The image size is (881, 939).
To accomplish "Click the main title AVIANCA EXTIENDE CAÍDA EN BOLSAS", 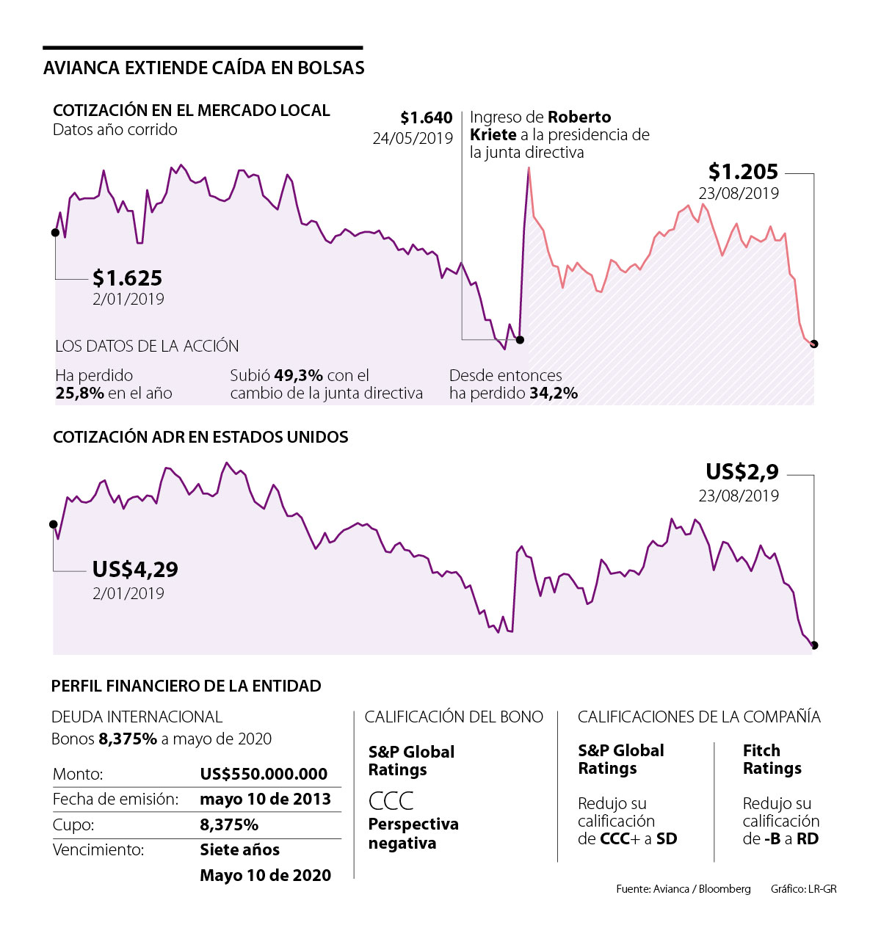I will [x=204, y=68].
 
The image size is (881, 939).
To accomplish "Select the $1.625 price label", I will [x=128, y=278].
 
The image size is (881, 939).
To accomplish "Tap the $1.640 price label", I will [x=426, y=118].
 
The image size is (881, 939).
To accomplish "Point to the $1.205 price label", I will [x=743, y=172].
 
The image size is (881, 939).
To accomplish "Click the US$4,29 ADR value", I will [x=135, y=570].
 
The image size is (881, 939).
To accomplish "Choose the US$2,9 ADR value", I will [x=742, y=471].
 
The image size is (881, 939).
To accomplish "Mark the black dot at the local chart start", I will [x=55, y=233].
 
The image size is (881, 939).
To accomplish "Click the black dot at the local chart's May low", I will [x=521, y=339].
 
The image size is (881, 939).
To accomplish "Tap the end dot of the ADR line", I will [x=814, y=646].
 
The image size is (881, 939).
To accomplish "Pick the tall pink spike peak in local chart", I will [x=529, y=169].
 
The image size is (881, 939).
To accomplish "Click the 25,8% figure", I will [x=79, y=394].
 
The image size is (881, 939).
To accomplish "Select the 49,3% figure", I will [x=298, y=376].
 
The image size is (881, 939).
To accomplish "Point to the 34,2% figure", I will [x=554, y=394].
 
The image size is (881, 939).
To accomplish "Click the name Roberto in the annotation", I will [x=579, y=117].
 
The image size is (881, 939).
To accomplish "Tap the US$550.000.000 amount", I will [x=264, y=774].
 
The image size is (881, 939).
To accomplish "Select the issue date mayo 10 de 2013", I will [x=265, y=799].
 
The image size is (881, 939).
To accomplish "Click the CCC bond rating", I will [x=391, y=800].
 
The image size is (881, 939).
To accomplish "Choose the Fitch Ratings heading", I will [x=772, y=759].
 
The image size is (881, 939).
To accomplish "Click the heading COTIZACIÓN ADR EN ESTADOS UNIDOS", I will [x=200, y=438].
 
